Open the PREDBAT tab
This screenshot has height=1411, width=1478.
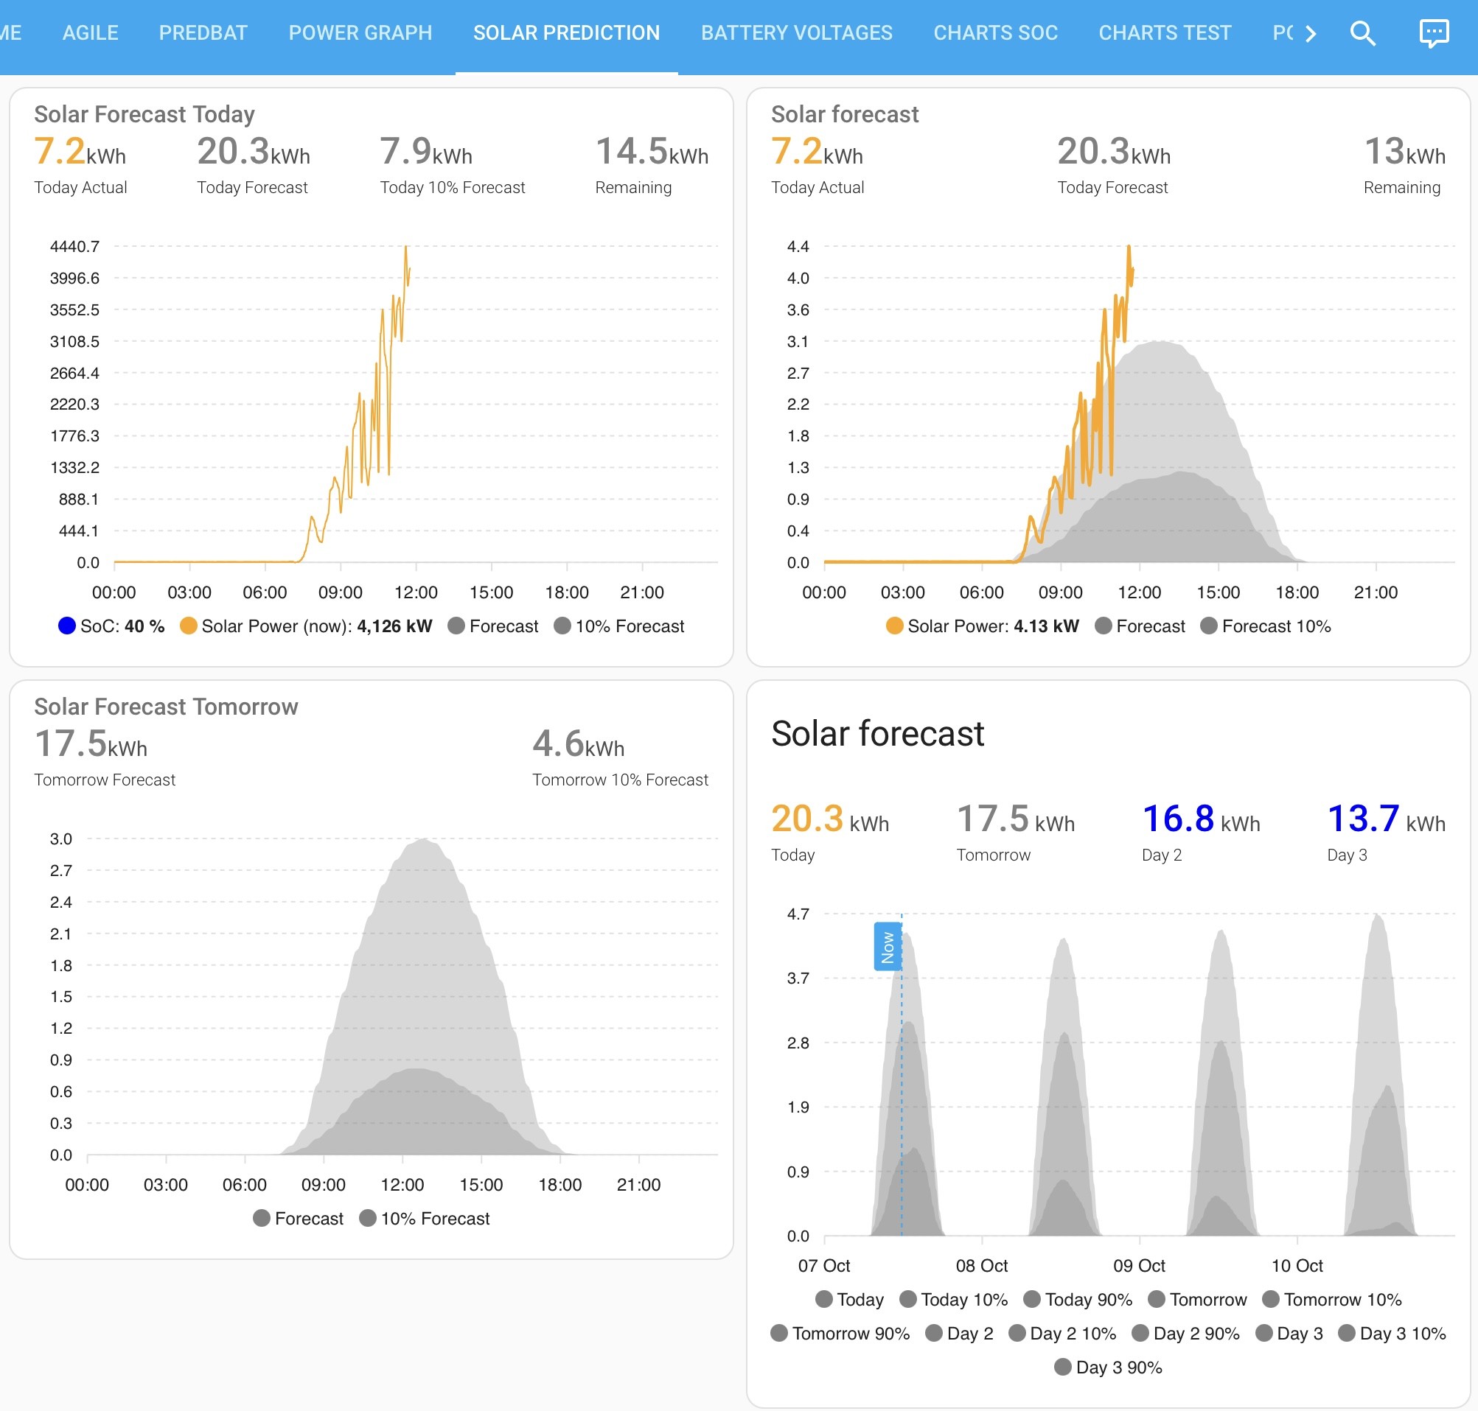point(203,33)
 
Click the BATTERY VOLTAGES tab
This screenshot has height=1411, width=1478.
point(797,33)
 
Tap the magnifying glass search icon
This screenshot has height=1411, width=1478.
point(1363,33)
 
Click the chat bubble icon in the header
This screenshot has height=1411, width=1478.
point(1434,33)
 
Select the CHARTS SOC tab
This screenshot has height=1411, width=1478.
point(996,33)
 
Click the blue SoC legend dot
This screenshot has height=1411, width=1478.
point(67,626)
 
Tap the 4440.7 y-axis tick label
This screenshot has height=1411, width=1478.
point(74,247)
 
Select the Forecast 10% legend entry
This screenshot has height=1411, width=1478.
point(1266,626)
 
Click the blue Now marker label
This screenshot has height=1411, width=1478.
point(888,946)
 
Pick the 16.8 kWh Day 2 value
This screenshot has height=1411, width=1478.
point(1201,819)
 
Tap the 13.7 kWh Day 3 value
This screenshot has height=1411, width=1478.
point(1386,819)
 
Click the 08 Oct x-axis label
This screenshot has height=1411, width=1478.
point(981,1265)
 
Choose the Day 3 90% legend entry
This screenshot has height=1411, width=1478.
point(1109,1368)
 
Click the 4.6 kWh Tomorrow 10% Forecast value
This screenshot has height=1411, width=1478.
point(578,744)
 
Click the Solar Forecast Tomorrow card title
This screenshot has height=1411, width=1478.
point(167,707)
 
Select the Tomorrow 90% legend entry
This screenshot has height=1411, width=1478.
point(840,1334)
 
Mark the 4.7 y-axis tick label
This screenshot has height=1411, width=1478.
point(798,914)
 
